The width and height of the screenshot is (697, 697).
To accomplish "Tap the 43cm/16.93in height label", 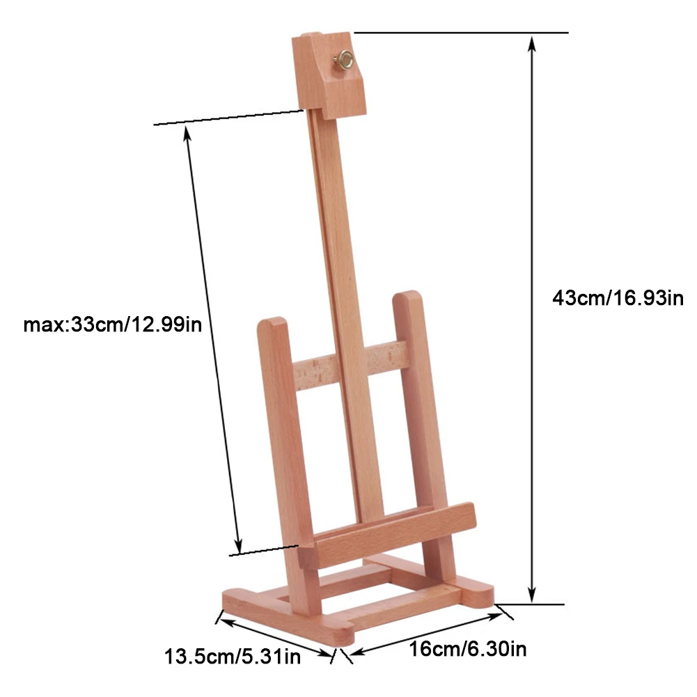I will pyautogui.click(x=618, y=298).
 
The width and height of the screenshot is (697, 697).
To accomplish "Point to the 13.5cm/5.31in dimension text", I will pyautogui.click(x=233, y=655).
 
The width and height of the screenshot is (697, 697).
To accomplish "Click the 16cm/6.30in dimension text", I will pyautogui.click(x=467, y=650).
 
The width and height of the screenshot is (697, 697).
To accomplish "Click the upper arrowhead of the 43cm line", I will pyautogui.click(x=533, y=41).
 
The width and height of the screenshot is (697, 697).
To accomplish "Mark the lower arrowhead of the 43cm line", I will pyautogui.click(x=533, y=595).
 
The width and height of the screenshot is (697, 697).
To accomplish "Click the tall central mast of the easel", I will pyautogui.click(x=345, y=279).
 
